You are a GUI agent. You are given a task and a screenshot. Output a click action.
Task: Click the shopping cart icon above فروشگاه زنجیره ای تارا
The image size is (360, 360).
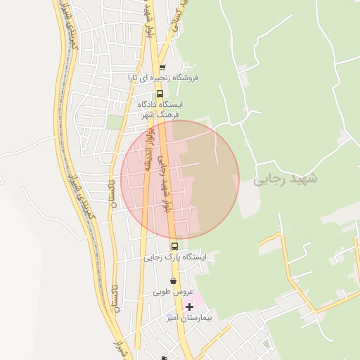coord(162,68)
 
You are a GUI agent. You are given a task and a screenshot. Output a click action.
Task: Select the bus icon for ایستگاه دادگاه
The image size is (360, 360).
coord(160,94)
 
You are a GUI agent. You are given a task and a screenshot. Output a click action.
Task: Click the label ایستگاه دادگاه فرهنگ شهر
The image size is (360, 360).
coord(161,109)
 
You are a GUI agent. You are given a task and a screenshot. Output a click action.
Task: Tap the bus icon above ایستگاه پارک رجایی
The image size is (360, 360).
coord(174,246)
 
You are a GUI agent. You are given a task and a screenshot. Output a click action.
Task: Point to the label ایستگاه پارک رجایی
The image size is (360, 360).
coord(176,257)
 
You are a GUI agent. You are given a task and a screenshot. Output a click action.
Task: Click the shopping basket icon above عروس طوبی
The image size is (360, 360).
coord(173,281)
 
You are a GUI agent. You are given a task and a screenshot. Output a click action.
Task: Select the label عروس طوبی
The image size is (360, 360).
coord(174,292)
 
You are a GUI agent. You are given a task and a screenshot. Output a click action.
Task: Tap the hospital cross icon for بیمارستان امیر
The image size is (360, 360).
coord(189,307)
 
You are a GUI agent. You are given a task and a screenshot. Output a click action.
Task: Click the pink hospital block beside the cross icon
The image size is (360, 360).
coord(197,302)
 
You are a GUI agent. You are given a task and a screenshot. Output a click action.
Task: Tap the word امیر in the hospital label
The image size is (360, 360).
coord(174,318)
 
